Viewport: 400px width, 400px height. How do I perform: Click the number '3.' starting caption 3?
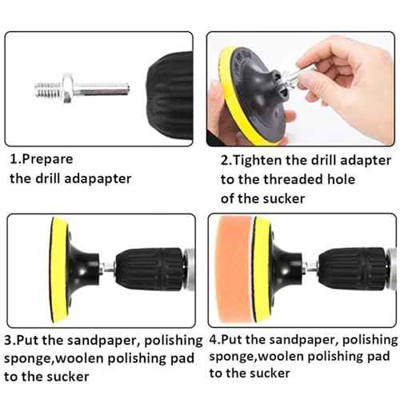(10, 340)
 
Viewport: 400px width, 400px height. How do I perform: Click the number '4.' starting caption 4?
(214, 339)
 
